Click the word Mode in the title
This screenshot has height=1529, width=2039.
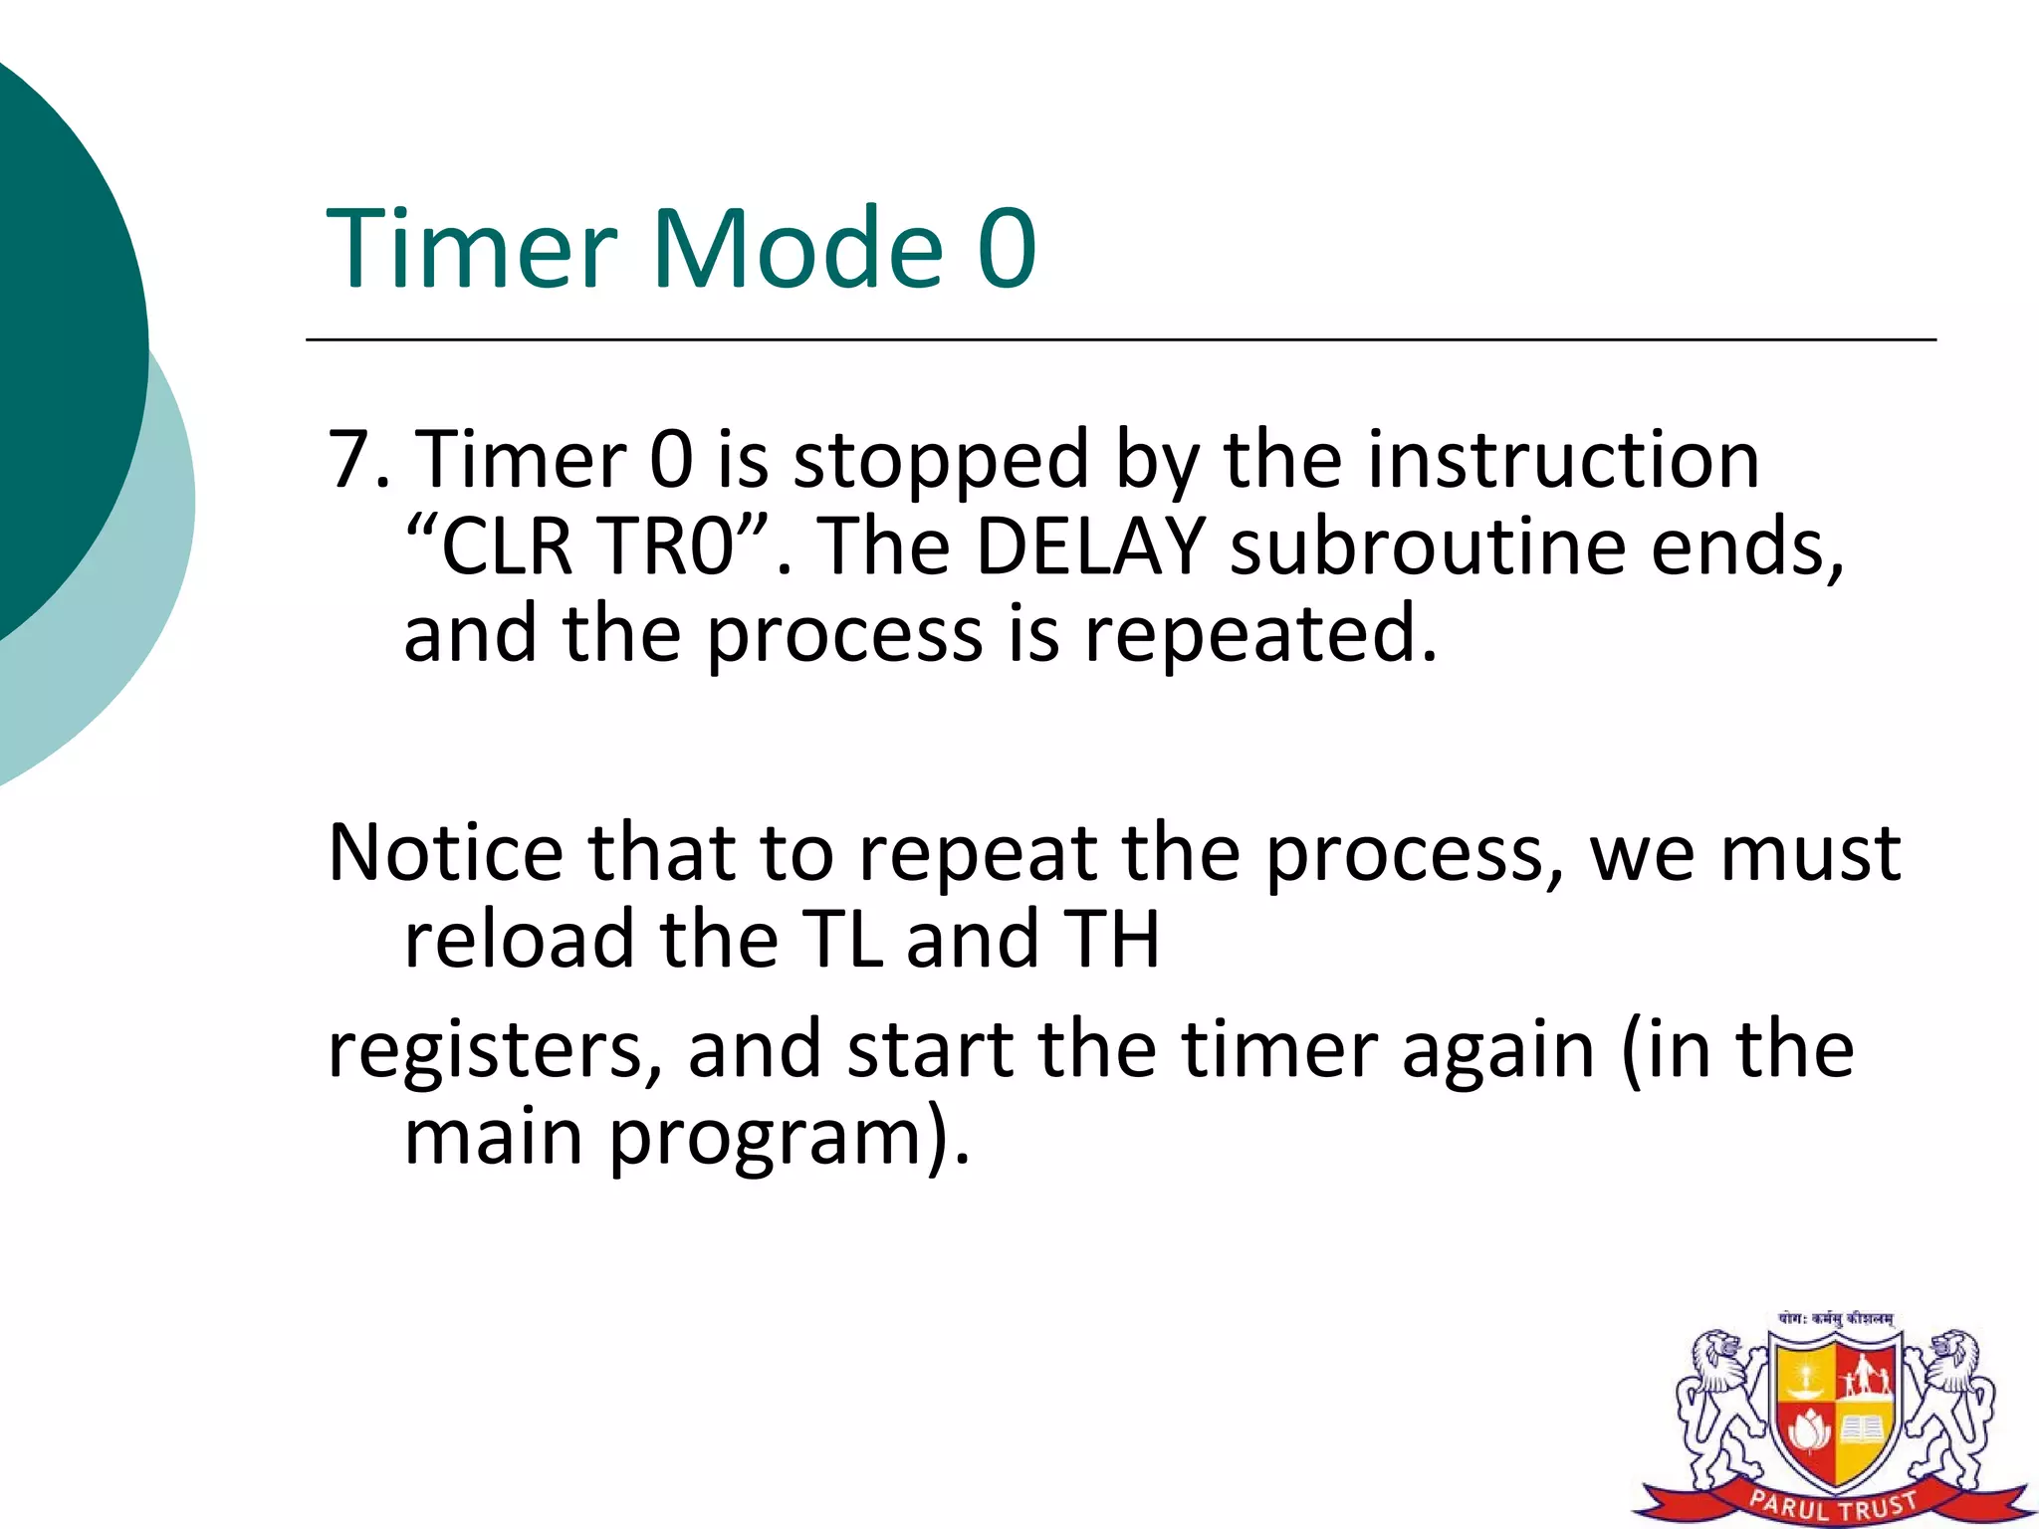coord(796,249)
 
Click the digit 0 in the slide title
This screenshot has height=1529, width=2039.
coord(1007,249)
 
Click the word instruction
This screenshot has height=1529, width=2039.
coord(1562,460)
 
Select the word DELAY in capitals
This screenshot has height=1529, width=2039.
coord(1090,547)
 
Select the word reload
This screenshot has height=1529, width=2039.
coord(519,940)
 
